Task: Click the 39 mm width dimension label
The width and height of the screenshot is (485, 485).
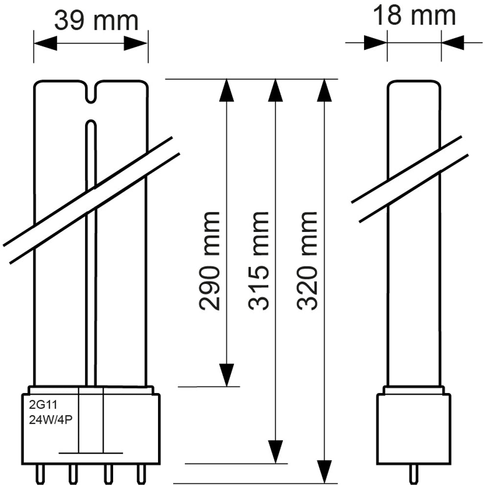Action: pyautogui.click(x=96, y=21)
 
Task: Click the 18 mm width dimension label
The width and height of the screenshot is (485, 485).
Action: pyautogui.click(x=414, y=16)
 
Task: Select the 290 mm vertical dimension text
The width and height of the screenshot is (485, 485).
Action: pyautogui.click(x=210, y=260)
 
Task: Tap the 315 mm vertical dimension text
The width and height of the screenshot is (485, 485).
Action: pyautogui.click(x=259, y=260)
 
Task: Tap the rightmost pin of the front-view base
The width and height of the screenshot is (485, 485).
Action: pyautogui.click(x=141, y=474)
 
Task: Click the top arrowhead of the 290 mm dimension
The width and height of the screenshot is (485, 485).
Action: pyautogui.click(x=226, y=90)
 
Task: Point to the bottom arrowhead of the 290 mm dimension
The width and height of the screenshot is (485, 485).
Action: pyautogui.click(x=226, y=374)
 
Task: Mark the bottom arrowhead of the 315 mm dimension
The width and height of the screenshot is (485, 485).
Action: pyautogui.click(x=276, y=451)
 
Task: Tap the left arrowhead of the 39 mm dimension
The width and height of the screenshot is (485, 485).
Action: pyautogui.click(x=45, y=43)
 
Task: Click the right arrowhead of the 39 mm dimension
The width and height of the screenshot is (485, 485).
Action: pyautogui.click(x=137, y=43)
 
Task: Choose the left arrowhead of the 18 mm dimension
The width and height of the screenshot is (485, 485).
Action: pyautogui.click(x=376, y=43)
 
